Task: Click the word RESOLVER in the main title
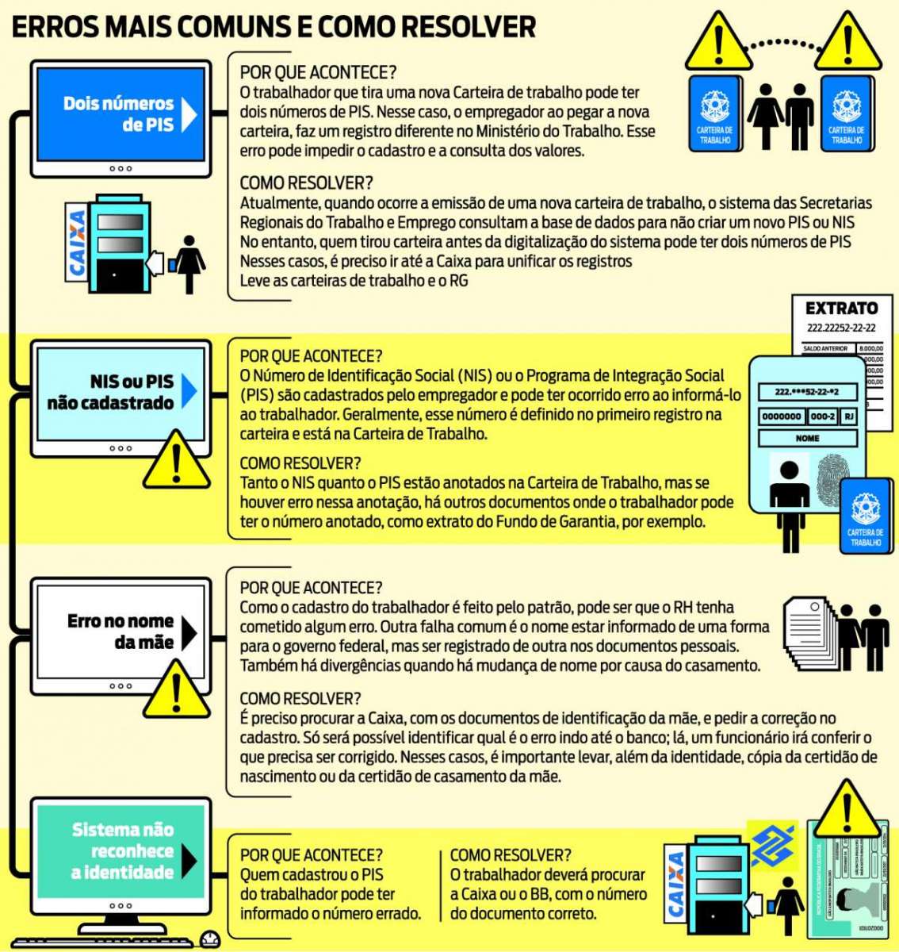tap(468, 27)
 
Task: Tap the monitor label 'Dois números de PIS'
tap(118, 113)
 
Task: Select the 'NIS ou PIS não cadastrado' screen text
tap(110, 392)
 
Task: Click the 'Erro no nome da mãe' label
tap(120, 631)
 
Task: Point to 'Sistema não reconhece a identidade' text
tap(122, 850)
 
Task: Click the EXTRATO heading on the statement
tap(841, 309)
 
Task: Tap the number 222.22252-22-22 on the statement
tap(841, 328)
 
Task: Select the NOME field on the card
tap(807, 438)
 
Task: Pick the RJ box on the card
tap(847, 416)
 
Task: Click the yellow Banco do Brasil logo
tap(772, 846)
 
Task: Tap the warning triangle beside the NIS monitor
tap(176, 462)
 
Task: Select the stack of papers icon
tap(810, 631)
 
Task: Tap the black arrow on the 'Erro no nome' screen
tap(189, 632)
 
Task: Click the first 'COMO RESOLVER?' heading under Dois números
tap(306, 183)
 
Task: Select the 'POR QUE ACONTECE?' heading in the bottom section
tap(311, 855)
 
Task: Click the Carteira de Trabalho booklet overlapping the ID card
tap(865, 516)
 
